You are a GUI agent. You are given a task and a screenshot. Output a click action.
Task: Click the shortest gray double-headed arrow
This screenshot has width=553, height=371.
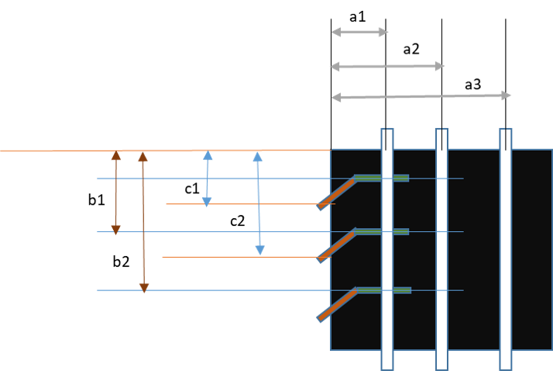pos(359,32)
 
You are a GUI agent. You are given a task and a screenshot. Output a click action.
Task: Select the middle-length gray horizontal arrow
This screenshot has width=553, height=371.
pos(387,66)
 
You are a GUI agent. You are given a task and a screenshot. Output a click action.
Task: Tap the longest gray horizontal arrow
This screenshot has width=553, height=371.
pos(421,96)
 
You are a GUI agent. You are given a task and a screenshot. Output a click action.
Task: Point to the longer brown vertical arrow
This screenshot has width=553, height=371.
pos(143,221)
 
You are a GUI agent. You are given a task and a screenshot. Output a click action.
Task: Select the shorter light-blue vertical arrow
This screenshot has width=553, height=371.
pos(208,179)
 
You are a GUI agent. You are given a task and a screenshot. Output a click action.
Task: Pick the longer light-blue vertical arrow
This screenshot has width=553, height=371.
pos(259,203)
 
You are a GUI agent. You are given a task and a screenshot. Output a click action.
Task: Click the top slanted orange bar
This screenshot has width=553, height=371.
pos(337,193)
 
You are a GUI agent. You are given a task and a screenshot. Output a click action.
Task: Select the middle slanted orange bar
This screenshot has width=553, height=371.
pos(337,246)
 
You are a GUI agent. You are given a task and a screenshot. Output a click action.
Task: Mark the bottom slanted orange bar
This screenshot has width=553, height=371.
pos(337,304)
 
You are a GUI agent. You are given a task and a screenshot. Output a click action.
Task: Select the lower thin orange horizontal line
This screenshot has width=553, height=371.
pos(240,257)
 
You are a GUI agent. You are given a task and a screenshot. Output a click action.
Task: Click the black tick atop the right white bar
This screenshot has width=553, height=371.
pos(506,140)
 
